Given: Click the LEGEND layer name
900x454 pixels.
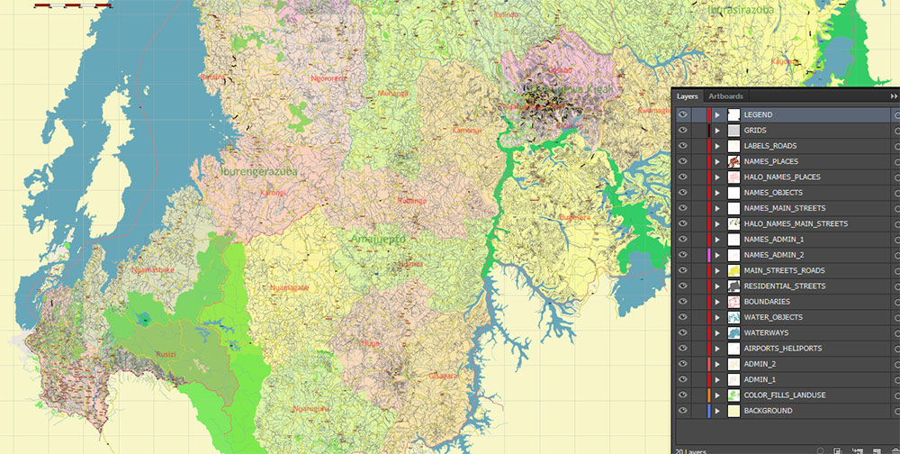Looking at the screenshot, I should [x=758, y=115].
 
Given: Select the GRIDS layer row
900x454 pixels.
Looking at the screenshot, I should [x=755, y=131].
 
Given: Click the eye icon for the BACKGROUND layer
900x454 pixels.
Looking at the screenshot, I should [x=682, y=411].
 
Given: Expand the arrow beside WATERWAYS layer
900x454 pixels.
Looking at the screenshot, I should [x=717, y=333].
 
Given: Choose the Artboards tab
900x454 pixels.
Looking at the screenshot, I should [x=725, y=96].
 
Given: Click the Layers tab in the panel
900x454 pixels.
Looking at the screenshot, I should [x=688, y=96].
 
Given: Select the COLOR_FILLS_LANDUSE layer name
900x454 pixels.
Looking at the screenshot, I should [x=784, y=395].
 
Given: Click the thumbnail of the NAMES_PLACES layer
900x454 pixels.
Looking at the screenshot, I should [x=733, y=161].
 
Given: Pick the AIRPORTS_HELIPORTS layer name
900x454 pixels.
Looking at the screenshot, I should [x=782, y=349].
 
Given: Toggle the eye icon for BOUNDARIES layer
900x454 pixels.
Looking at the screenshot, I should [x=682, y=302].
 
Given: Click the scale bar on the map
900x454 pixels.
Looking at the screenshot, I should [x=73, y=5].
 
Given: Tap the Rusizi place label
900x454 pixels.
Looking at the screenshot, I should [x=166, y=354].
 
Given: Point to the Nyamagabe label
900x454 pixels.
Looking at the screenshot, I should [x=289, y=287].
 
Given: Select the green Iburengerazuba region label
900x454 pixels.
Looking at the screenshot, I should [x=258, y=169].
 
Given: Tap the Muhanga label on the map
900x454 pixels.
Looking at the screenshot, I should [x=392, y=93].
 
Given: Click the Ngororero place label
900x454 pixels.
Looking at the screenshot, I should [x=328, y=77].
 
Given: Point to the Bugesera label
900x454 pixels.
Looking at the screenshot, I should [x=575, y=217].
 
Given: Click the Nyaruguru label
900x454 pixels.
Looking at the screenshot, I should [x=312, y=408].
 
